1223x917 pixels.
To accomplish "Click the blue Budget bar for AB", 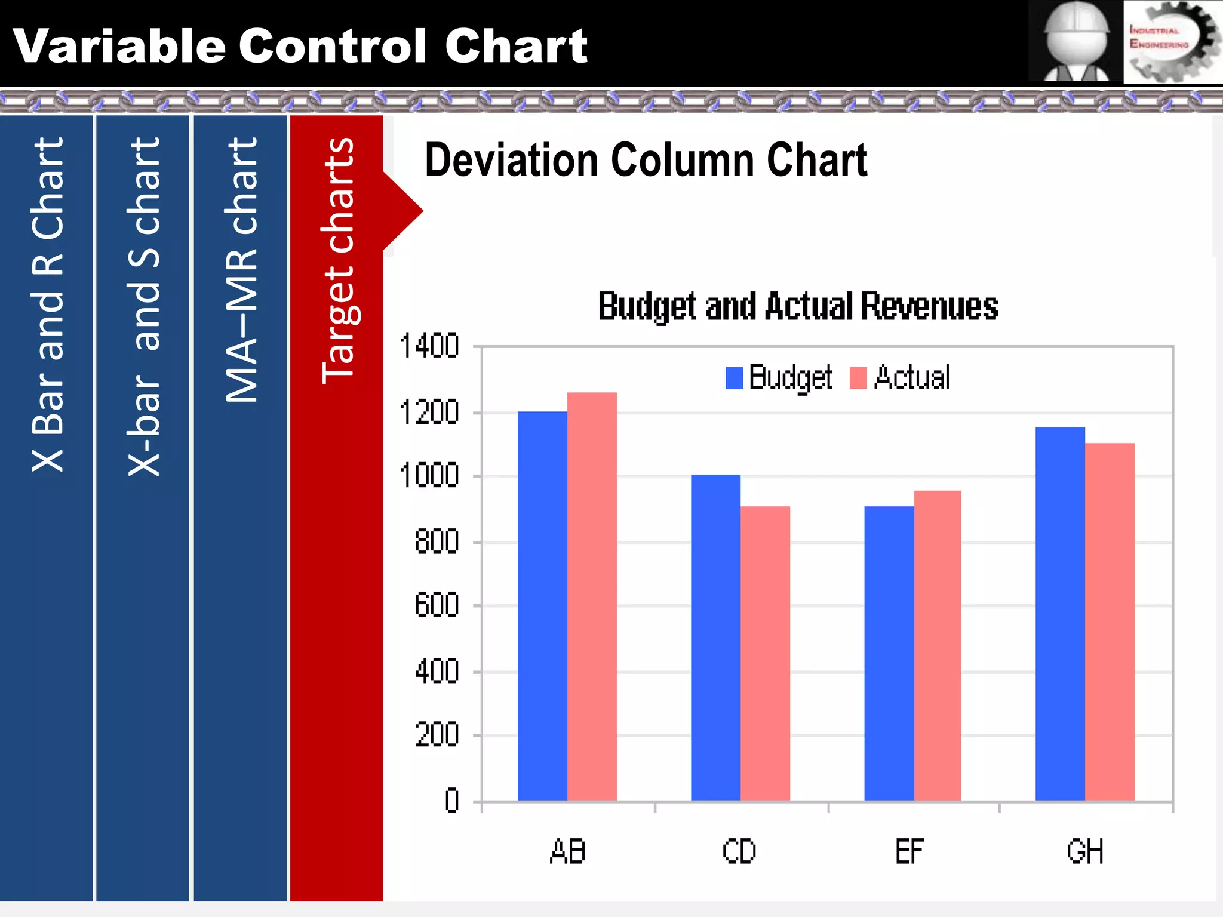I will click(x=542, y=606).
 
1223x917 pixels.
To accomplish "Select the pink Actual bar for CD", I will click(x=765, y=653).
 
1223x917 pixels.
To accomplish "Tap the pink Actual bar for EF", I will click(x=937, y=645).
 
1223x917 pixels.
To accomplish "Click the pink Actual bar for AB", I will click(x=592, y=596).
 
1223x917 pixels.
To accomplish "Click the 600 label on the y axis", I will click(x=437, y=605).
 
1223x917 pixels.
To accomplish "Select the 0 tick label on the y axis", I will click(x=451, y=801).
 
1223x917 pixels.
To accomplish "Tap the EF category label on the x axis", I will click(x=909, y=852).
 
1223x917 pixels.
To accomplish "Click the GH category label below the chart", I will click(x=1084, y=852).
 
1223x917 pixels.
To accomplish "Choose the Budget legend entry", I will click(x=779, y=378).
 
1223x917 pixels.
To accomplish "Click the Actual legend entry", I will click(x=901, y=378).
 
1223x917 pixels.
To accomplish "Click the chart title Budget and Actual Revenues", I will click(x=798, y=307).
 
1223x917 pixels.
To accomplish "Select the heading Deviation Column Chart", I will click(x=646, y=161).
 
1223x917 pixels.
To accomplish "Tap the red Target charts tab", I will click(x=337, y=507).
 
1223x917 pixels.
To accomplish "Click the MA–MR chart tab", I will click(x=241, y=507).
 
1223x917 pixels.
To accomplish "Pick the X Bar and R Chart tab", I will click(x=47, y=507).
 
